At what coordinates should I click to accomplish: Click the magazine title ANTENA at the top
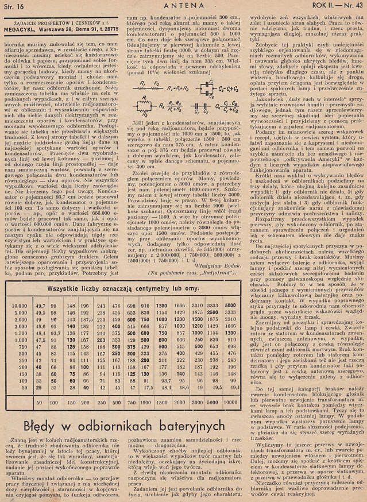pos(176,6)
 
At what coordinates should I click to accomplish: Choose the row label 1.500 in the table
pos(20,331)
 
